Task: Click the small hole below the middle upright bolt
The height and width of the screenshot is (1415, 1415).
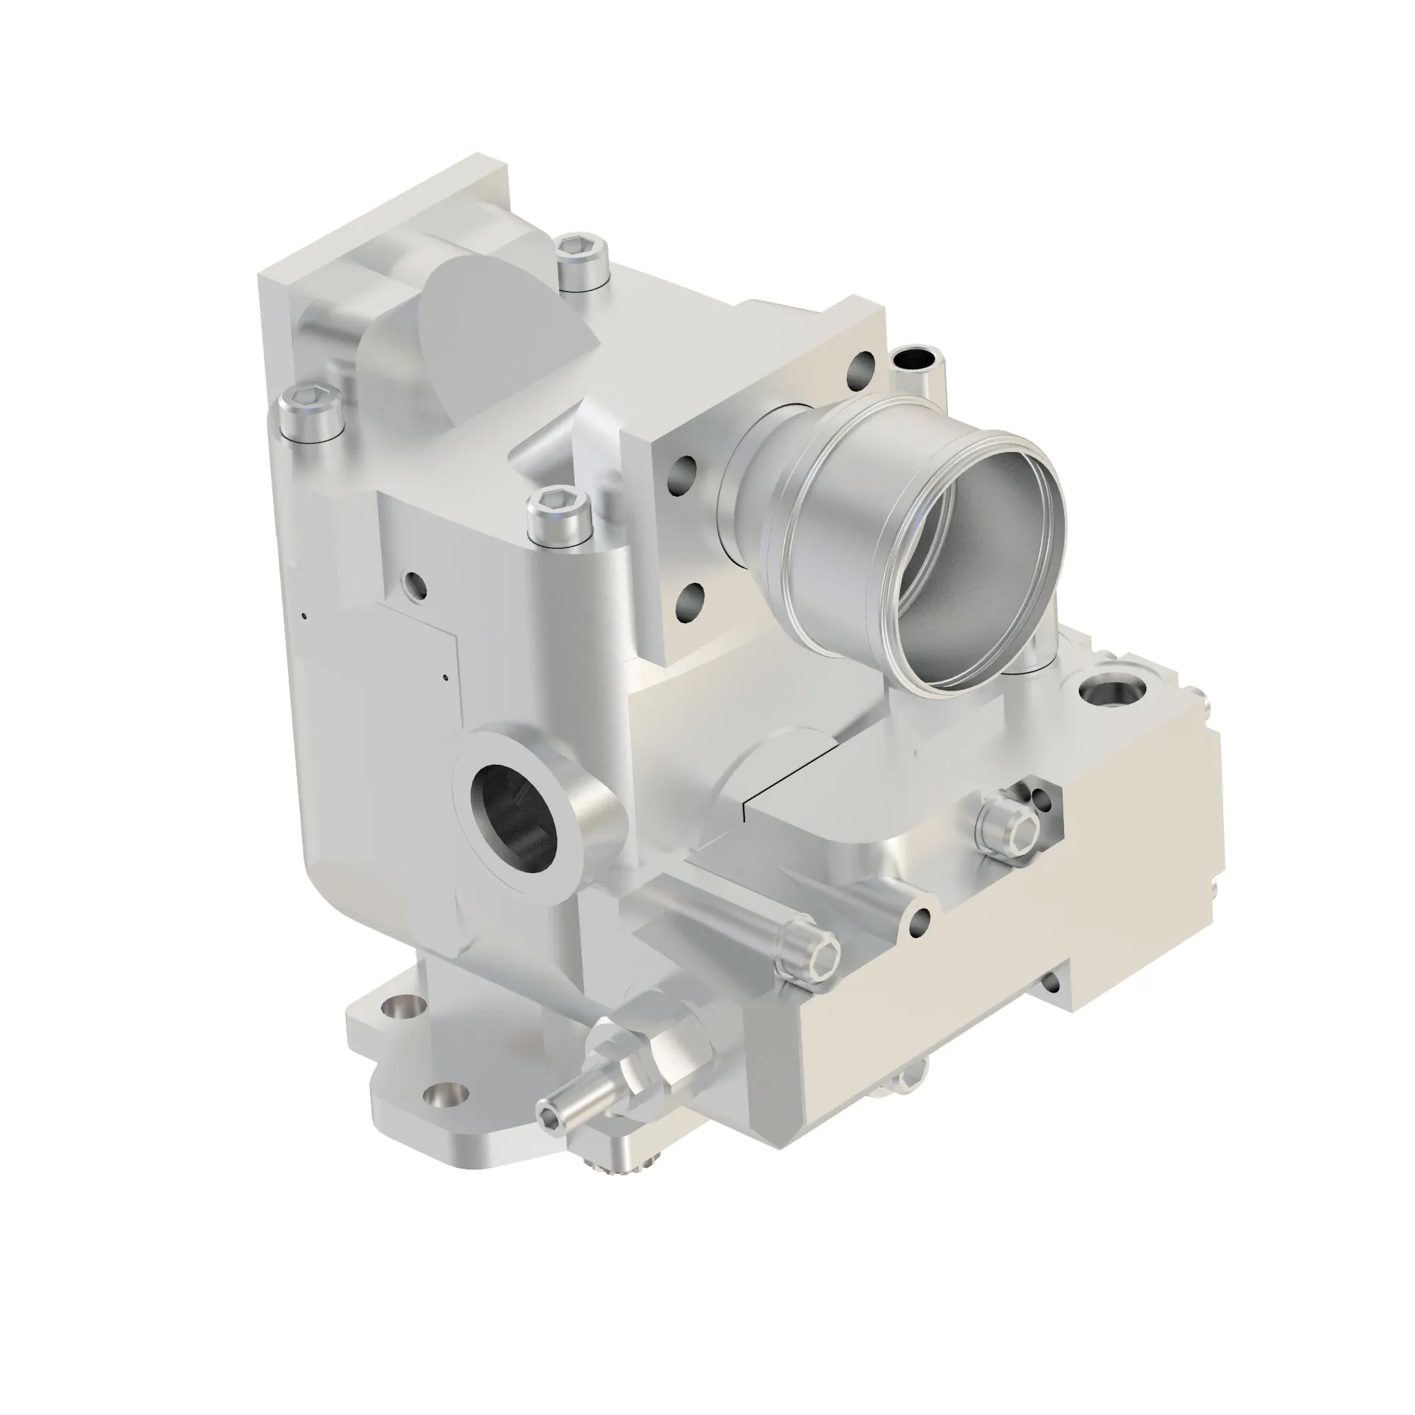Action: [x=415, y=584]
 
